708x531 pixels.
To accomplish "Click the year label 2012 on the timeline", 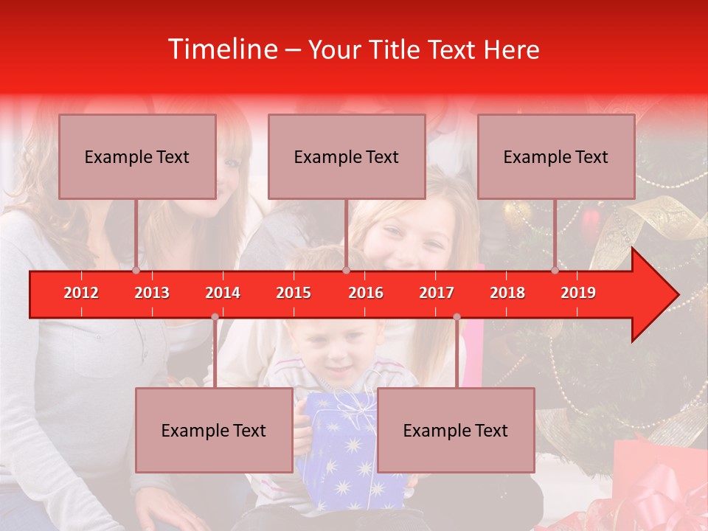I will click(81, 293).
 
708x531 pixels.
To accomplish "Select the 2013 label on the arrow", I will click(152, 293).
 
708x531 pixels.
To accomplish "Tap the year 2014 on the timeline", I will click(223, 293).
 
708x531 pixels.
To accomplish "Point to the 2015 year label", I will click(294, 293).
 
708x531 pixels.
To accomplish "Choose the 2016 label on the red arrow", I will click(366, 293).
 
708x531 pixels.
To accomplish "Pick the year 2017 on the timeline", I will click(437, 293).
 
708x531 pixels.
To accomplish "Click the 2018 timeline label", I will click(507, 293).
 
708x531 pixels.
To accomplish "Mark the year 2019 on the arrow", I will click(578, 293).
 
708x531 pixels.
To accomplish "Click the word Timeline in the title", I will click(221, 49).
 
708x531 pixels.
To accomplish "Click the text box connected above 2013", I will click(137, 156).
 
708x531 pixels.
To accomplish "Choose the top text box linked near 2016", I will click(347, 156).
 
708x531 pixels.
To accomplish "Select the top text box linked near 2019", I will click(556, 156).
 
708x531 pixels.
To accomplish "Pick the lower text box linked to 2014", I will click(214, 430).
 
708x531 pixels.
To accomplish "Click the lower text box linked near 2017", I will click(456, 430).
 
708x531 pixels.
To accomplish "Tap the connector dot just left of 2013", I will click(136, 271).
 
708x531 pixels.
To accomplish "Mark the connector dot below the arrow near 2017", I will click(457, 317).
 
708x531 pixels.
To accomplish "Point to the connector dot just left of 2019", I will click(555, 271).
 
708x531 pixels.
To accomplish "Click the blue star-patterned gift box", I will click(347, 450).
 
